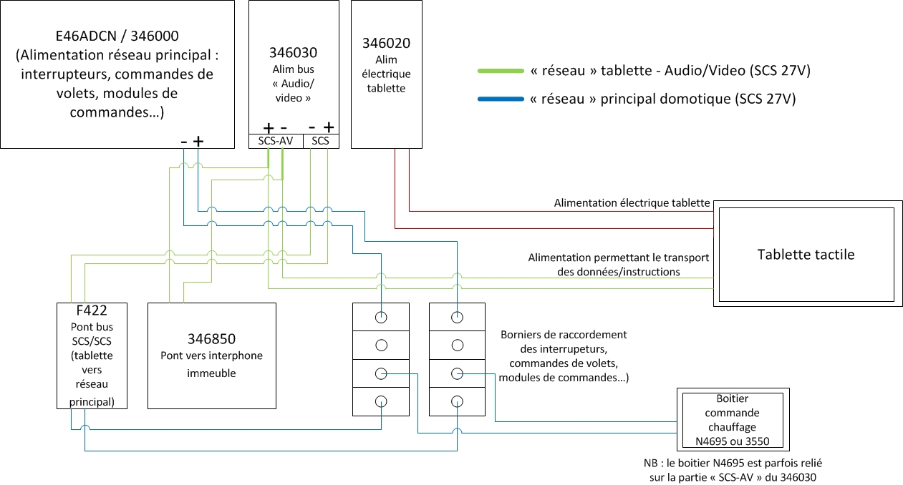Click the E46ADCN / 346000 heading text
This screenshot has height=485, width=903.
point(117,36)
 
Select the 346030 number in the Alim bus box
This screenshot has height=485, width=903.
point(293,53)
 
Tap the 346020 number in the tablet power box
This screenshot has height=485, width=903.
point(386,43)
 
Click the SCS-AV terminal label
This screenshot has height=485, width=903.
point(276,141)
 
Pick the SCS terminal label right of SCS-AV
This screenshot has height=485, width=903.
point(321,141)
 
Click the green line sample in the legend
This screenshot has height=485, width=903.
point(501,71)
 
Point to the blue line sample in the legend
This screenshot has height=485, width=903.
point(501,99)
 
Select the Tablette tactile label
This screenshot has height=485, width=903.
point(806,255)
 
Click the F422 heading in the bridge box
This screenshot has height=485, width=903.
point(92,310)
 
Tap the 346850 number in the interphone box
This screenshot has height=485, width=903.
point(212,339)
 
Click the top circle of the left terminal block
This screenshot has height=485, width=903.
point(381,318)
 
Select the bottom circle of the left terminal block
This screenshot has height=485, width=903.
point(381,401)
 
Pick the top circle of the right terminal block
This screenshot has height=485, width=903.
point(457,318)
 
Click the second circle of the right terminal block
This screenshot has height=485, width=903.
point(457,346)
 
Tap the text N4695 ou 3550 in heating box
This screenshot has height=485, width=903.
point(733,441)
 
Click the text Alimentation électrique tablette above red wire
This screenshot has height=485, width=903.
point(632,203)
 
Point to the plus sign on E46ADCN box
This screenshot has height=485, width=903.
point(198,142)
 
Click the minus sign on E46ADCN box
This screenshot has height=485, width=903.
point(184,142)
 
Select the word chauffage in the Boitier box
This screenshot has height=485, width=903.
point(733,427)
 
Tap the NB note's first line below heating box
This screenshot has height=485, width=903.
point(733,464)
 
